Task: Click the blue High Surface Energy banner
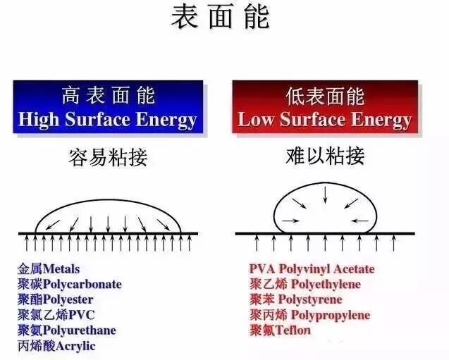pos(107,107)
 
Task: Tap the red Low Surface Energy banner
pos(324,107)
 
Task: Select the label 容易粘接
pos(109,156)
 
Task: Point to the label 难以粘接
pos(325,156)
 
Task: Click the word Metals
pos(61,268)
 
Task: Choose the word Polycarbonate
pos(82,284)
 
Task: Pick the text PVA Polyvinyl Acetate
pos(312,268)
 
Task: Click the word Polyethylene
pos(325,284)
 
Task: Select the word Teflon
pos(293,330)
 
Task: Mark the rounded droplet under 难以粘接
pos(325,208)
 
